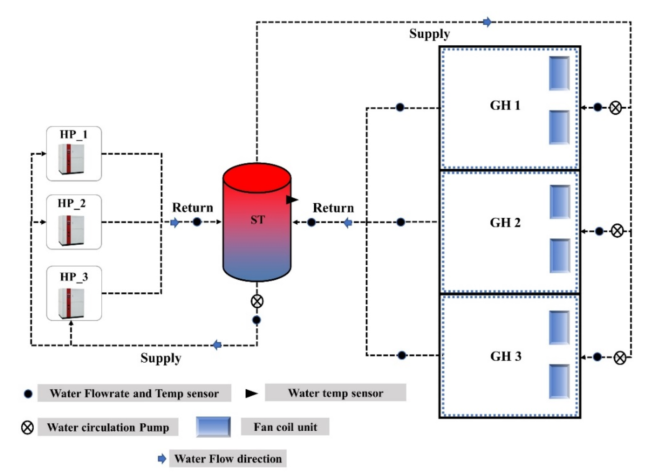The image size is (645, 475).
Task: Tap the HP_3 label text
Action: pyautogui.click(x=74, y=277)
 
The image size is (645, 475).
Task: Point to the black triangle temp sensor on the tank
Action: pyautogui.click(x=291, y=199)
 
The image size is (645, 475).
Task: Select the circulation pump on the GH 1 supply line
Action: pyautogui.click(x=615, y=108)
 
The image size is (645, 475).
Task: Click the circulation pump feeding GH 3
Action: pyautogui.click(x=619, y=358)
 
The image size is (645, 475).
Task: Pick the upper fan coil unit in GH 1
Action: pyautogui.click(x=559, y=73)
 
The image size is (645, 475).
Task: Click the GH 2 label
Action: pyautogui.click(x=505, y=222)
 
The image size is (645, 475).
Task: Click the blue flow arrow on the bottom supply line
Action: pyautogui.click(x=217, y=345)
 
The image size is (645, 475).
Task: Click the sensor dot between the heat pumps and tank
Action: pyautogui.click(x=197, y=222)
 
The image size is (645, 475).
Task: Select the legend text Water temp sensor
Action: pyautogui.click(x=335, y=393)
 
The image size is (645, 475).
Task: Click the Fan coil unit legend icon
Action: pyautogui.click(x=213, y=427)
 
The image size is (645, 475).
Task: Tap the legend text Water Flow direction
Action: pyautogui.click(x=228, y=459)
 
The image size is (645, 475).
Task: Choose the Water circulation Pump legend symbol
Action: pyautogui.click(x=27, y=428)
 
